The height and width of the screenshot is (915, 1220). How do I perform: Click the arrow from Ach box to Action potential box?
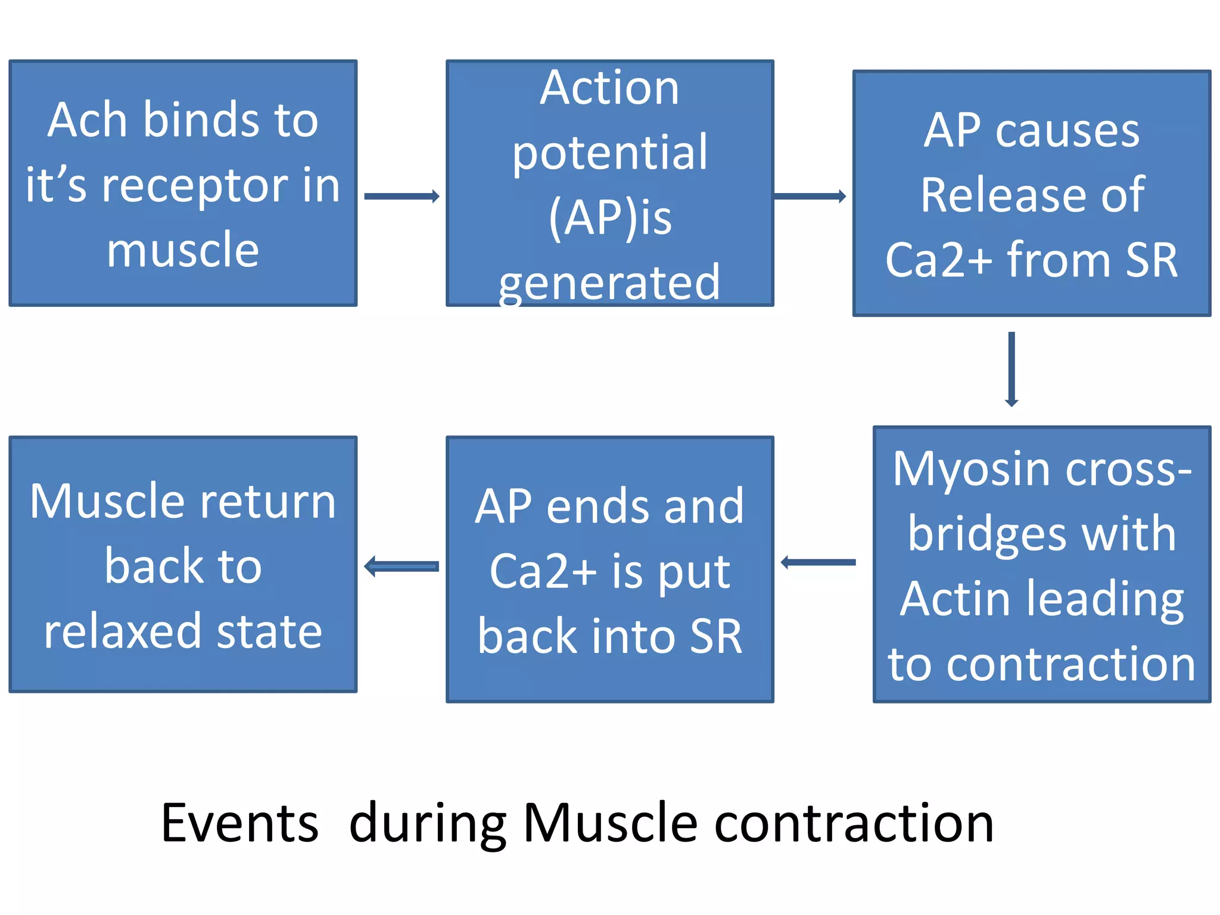coord(402,197)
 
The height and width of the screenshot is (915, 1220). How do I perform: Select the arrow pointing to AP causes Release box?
coord(809,197)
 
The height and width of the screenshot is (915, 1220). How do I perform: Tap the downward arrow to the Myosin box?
coord(1011,369)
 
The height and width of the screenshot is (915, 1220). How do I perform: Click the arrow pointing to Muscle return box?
coord(402,566)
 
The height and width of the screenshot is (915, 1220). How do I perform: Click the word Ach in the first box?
coord(87,120)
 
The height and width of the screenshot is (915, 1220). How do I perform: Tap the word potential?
coord(610,152)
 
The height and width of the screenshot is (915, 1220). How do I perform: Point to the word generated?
coord(609,282)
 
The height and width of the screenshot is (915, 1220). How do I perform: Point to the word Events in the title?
coord(239,824)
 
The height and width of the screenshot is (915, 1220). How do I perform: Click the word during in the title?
coord(427,824)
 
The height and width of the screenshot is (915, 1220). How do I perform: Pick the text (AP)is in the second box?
coord(610,217)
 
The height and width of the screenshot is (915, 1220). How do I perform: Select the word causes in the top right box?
coord(1067,130)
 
